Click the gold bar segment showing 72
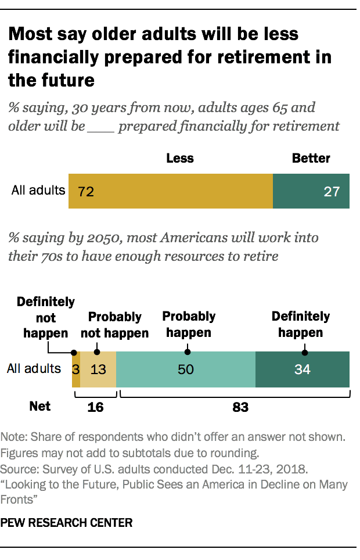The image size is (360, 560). click(171, 191)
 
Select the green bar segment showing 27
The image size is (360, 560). click(311, 191)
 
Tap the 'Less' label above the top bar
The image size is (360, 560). click(179, 159)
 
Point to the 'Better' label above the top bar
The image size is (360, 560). click(311, 159)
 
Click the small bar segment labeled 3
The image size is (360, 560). click(75, 369)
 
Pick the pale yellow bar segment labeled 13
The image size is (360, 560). click(98, 369)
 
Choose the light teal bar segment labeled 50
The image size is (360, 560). click(186, 369)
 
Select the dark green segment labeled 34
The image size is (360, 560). click(303, 369)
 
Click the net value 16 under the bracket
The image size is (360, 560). click(95, 407)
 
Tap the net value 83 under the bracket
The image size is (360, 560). click(240, 407)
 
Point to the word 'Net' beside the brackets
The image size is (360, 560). click(40, 407)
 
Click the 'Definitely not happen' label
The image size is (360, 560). click(46, 318)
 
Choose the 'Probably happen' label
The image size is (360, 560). click(189, 325)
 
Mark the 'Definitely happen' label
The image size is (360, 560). click(301, 325)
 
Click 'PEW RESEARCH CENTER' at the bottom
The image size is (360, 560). click(67, 523)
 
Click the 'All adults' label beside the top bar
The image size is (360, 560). click(38, 190)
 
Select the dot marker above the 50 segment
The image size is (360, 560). click(188, 351)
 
